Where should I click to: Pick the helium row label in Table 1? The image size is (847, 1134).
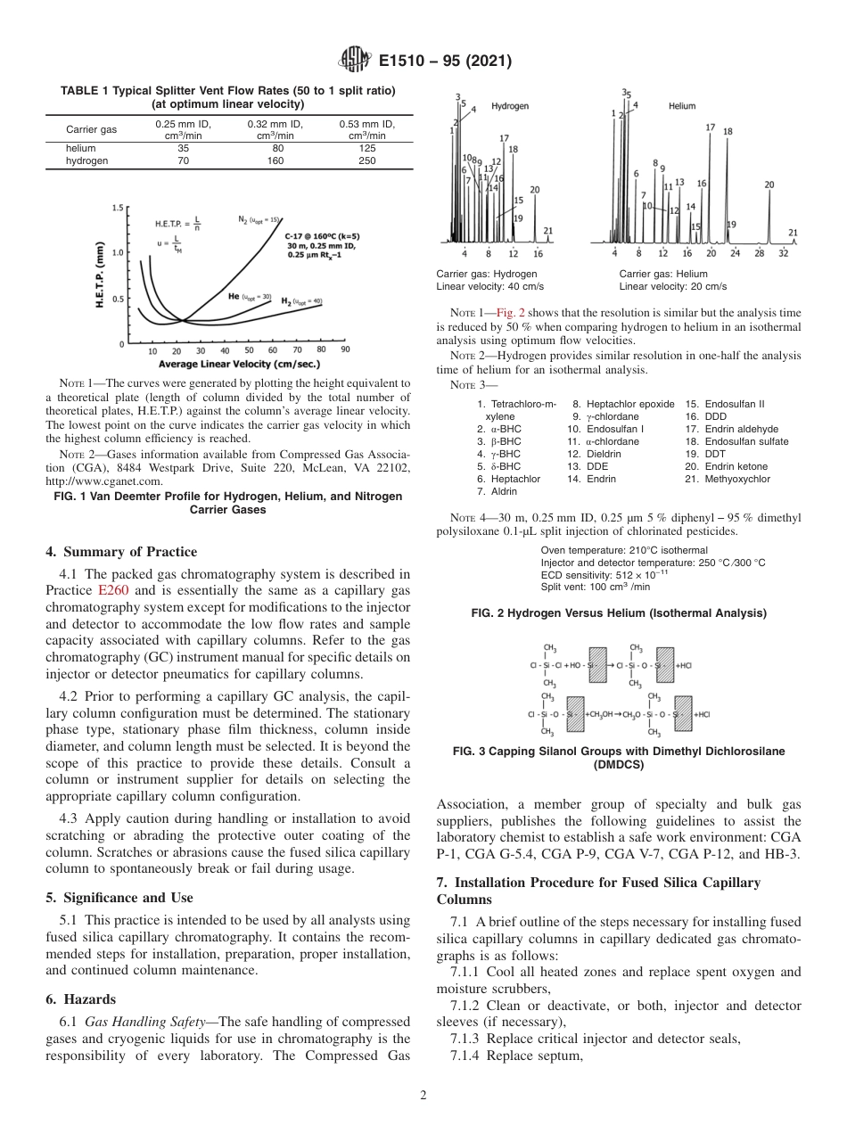coord(81,149)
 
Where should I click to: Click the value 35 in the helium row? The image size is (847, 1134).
coord(183,149)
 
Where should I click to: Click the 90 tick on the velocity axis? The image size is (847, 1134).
coord(344,351)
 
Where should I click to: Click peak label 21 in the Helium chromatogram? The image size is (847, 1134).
coord(793,233)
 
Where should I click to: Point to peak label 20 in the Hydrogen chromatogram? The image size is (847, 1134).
coord(534,189)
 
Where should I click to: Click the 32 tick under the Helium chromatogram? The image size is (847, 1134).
coord(784,253)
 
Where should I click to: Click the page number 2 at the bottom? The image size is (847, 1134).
coord(423,1096)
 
